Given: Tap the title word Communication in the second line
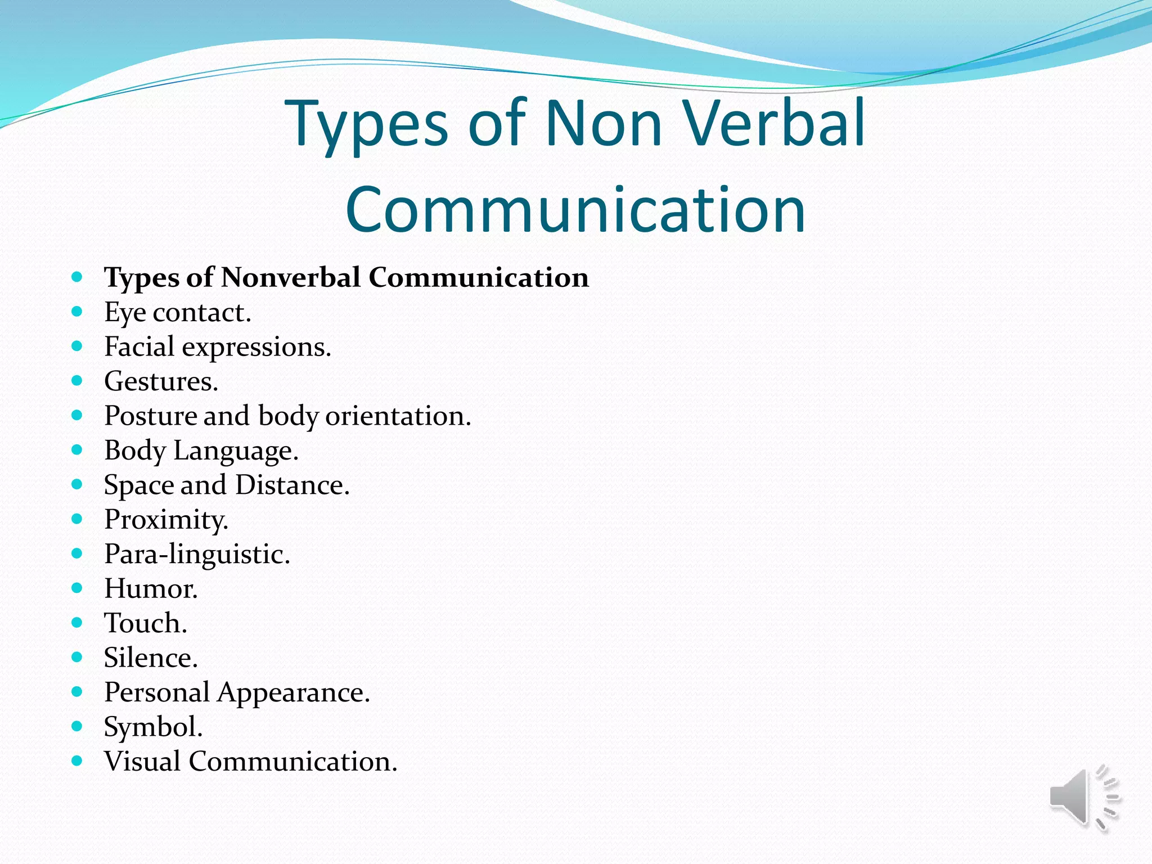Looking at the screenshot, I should click(x=575, y=210).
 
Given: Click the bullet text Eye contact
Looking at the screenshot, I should click(x=177, y=313).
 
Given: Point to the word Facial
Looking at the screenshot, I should click(x=139, y=346).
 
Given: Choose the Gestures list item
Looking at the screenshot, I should click(x=161, y=382).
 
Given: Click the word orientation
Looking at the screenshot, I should click(x=398, y=416).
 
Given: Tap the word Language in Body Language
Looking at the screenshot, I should click(x=235, y=451).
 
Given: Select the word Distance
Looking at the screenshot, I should click(x=292, y=485).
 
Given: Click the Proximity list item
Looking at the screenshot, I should click(x=166, y=520).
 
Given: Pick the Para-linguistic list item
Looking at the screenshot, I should click(x=197, y=554).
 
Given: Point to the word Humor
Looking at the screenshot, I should click(x=151, y=589).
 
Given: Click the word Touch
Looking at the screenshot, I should click(x=145, y=623).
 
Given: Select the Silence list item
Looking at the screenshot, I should click(x=151, y=658).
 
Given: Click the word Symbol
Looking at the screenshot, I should click(x=153, y=727).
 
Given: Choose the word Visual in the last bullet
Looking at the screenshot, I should click(x=142, y=762).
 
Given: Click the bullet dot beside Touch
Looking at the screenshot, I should click(x=77, y=623).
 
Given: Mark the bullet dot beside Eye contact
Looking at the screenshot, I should click(x=77, y=312).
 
